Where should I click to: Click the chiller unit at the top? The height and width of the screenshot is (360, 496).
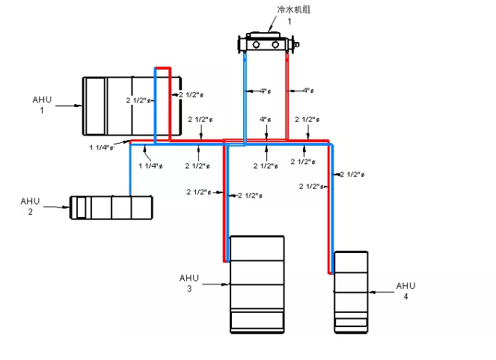267,44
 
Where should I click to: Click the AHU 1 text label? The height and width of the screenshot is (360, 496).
43,104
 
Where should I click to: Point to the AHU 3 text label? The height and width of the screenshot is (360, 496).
190,283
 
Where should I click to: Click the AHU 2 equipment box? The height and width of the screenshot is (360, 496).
111,207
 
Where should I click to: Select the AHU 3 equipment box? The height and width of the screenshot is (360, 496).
257,284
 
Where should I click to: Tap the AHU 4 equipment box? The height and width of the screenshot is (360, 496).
350,292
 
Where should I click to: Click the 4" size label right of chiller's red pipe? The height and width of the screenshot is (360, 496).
307,91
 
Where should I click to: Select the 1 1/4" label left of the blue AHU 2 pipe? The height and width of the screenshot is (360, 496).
101,147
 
